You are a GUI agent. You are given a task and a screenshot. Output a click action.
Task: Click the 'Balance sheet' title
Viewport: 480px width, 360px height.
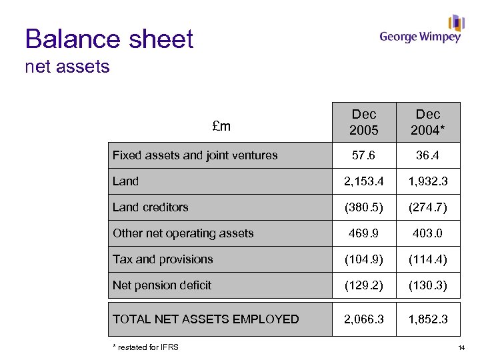(109, 39)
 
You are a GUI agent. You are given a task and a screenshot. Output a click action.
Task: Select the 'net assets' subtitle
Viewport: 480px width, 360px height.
(67, 67)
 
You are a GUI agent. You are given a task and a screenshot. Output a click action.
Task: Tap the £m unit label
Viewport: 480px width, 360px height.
(221, 126)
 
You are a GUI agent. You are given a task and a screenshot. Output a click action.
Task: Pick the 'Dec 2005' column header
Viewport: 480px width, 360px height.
(364, 122)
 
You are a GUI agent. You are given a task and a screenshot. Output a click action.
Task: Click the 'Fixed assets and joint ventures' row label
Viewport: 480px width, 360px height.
(195, 155)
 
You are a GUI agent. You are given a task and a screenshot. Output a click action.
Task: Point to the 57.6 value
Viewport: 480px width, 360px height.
(364, 155)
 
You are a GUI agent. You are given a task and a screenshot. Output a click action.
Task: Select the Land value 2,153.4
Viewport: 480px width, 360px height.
(364, 181)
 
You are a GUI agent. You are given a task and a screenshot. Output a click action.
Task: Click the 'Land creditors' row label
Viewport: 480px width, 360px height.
(151, 207)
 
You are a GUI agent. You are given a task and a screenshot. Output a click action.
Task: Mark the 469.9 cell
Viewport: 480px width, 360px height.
(364, 233)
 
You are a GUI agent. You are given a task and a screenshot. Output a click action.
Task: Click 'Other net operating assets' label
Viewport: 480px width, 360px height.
(183, 233)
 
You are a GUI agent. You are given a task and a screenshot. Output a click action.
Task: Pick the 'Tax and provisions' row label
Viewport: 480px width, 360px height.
(163, 259)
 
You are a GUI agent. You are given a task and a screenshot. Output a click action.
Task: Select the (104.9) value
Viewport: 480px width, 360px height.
(364, 259)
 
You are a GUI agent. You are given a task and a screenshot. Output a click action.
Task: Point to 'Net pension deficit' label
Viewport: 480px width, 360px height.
(162, 285)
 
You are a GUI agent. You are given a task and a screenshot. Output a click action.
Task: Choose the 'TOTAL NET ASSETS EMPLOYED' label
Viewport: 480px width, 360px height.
(206, 319)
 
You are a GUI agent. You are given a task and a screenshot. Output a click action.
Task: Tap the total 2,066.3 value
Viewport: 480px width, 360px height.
(364, 319)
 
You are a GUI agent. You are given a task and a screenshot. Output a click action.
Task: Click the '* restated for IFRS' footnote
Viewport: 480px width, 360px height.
(145, 347)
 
